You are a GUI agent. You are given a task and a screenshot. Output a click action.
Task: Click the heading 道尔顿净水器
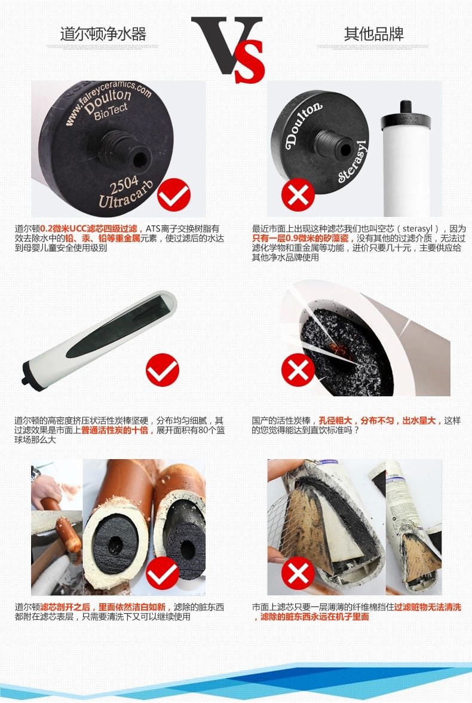point(103,34)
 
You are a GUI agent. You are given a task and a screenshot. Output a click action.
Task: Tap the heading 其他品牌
point(374,34)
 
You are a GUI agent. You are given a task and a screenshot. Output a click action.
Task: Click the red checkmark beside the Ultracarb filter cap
point(174,195)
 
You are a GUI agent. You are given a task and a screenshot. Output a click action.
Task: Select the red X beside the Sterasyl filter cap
point(298,195)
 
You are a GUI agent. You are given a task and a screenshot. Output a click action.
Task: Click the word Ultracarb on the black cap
point(126,195)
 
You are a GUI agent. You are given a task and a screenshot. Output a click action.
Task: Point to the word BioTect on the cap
point(111,111)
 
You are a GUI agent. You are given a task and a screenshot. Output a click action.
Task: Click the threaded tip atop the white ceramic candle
point(406,106)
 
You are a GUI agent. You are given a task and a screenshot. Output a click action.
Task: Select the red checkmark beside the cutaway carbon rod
point(163,370)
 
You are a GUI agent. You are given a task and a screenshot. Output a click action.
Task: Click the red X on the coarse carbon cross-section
point(298,370)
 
